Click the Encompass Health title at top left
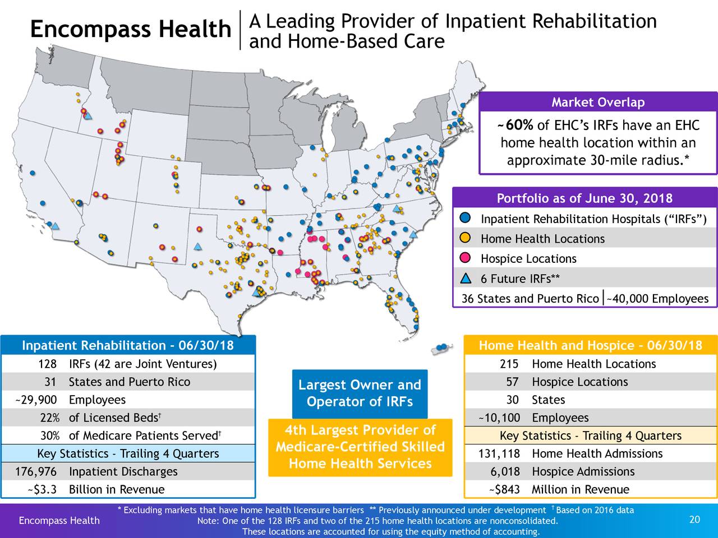click(130, 30)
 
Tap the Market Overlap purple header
click(598, 103)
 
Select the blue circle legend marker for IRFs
click(465, 218)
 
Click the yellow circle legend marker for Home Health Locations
click(465, 238)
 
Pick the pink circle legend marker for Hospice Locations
click(465, 258)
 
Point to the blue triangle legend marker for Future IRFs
click(465, 278)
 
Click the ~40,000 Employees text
click(657, 299)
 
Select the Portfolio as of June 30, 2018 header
click(584, 199)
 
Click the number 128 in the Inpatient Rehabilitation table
click(47, 364)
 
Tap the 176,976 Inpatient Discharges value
click(36, 472)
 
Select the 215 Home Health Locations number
click(509, 364)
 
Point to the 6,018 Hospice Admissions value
click(505, 472)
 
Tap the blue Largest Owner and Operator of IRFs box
click(360, 393)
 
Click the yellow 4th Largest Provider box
click(360, 447)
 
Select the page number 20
click(694, 520)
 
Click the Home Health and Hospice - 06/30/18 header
click(590, 345)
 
